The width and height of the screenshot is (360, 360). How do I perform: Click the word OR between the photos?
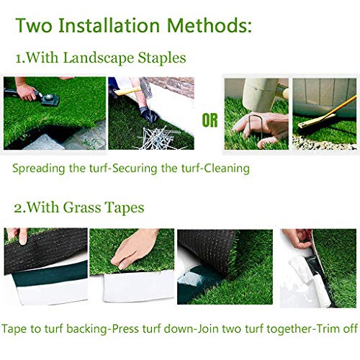click(210, 120)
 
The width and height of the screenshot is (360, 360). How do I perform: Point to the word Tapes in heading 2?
click(122, 208)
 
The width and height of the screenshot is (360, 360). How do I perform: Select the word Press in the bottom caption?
click(129, 328)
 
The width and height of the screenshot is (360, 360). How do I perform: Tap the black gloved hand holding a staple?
click(148, 113)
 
